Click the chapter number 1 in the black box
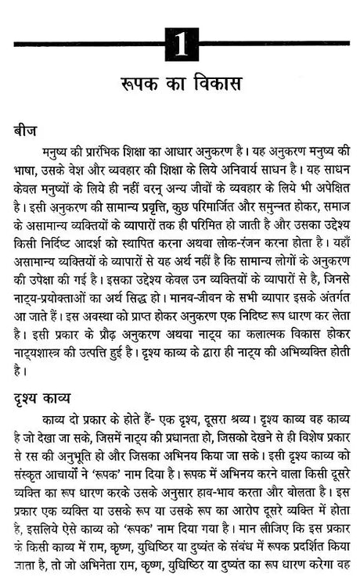pyautogui.click(x=182, y=44)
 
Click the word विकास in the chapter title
pyautogui.click(x=218, y=83)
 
